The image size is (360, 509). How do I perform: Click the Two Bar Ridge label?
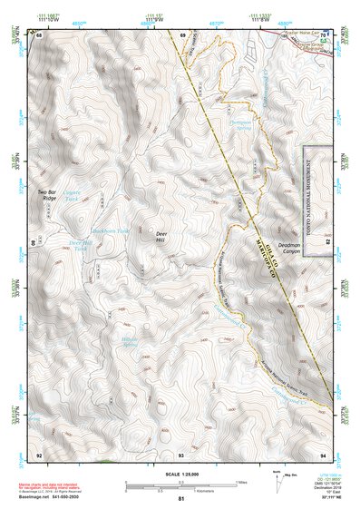(53, 195)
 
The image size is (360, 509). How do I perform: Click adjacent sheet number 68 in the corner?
(39, 35)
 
